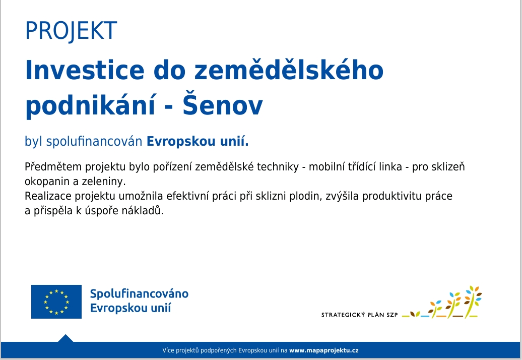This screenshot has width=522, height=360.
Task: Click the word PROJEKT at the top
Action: [x=71, y=31]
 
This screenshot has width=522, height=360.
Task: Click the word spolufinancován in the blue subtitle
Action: [x=94, y=142]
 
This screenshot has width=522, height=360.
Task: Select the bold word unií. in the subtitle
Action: [x=234, y=141]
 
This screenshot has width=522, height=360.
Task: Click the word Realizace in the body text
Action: [x=48, y=196]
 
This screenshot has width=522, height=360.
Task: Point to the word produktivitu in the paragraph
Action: [x=392, y=196]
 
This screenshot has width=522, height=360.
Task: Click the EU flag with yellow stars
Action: [x=56, y=302]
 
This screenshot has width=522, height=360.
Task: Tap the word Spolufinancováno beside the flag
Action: [x=139, y=294]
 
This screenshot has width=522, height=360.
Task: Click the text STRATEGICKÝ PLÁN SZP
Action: [x=360, y=315]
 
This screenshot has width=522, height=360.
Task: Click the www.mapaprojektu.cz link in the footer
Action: [x=323, y=350]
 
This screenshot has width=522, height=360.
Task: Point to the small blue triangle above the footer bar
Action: [x=66, y=338]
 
